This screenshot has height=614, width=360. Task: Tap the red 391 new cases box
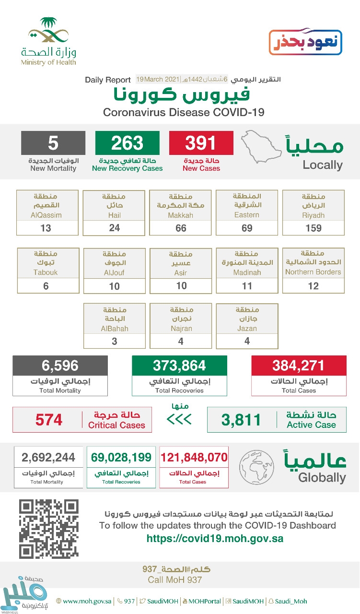pyautogui.click(x=201, y=143)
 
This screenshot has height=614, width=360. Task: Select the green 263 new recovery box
pyautogui.click(x=128, y=143)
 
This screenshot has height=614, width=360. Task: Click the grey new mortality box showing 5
pyautogui.click(x=53, y=143)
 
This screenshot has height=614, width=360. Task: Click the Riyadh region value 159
pyautogui.click(x=314, y=228)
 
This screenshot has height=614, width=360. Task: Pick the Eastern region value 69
pyautogui.click(x=247, y=228)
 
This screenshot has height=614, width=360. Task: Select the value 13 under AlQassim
pyautogui.click(x=46, y=228)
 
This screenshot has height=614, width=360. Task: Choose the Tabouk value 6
pyautogui.click(x=46, y=286)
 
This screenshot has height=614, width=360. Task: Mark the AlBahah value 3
pyautogui.click(x=114, y=342)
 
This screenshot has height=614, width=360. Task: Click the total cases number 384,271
pyautogui.click(x=299, y=366)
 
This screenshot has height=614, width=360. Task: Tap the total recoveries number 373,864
pyautogui.click(x=179, y=366)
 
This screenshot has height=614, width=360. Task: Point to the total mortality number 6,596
pyautogui.click(x=60, y=366)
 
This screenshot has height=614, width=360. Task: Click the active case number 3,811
pyautogui.click(x=241, y=420)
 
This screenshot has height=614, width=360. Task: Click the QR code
pyautogui.click(x=48, y=529)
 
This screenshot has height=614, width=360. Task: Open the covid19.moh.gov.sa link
pyautogui.click(x=215, y=538)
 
